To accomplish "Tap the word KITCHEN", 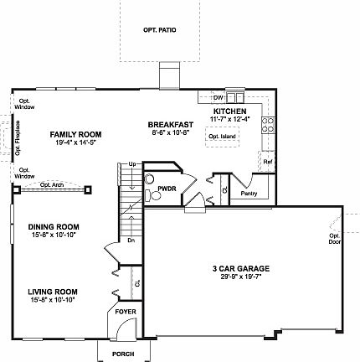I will (x=227, y=111).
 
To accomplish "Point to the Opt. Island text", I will (x=221, y=136).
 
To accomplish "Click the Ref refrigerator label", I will (x=267, y=161).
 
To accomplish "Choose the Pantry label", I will (x=248, y=194).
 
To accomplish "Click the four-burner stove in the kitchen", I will (x=269, y=125).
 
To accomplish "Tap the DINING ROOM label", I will (x=54, y=226).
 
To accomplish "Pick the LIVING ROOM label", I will (x=53, y=292).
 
